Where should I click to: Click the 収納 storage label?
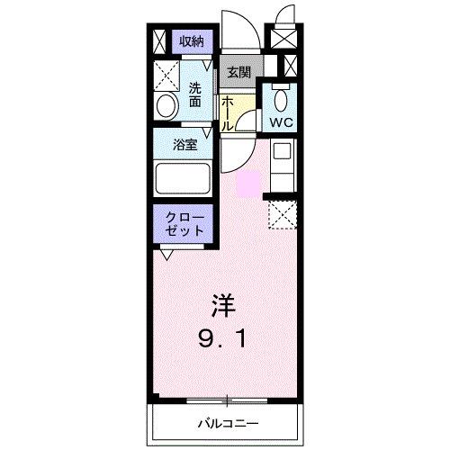point(190,40)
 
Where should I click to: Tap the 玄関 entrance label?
point(238,72)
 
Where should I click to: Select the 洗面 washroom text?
point(196,94)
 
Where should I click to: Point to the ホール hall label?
point(228,112)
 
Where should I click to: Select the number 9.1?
point(225,339)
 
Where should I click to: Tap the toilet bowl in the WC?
point(280,98)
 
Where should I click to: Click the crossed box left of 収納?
point(159,40)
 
